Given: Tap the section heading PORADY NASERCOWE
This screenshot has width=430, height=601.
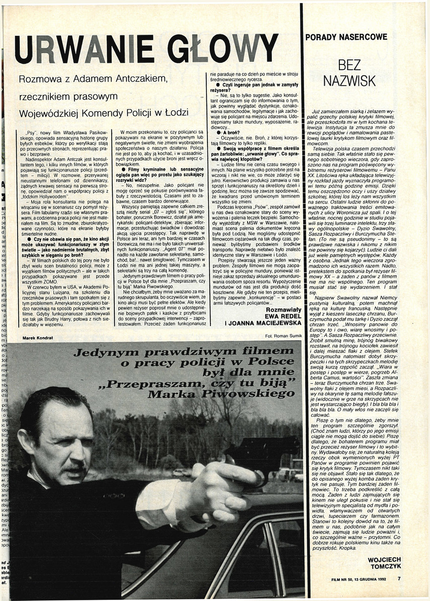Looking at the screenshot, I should click(x=346, y=37).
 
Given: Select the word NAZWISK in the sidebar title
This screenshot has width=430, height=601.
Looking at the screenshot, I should click(x=356, y=80).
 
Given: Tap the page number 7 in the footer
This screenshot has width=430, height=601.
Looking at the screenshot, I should click(x=398, y=578).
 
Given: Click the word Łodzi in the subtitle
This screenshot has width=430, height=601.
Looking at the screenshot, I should click(x=176, y=112).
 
